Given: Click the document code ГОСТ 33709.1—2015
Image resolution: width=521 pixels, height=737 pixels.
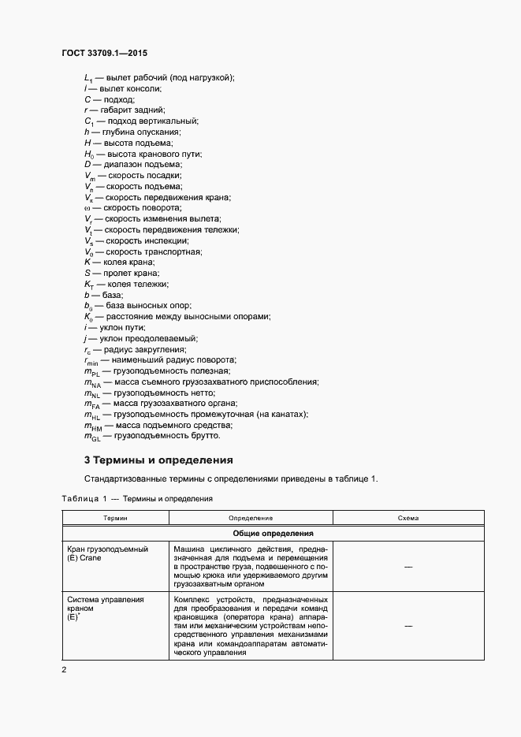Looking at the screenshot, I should (x=104, y=54).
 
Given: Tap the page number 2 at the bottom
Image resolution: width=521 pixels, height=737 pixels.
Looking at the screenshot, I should (x=64, y=670).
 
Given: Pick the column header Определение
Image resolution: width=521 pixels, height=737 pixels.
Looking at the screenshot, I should (x=251, y=518).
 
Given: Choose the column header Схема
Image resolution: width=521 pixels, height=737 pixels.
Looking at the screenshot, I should (x=408, y=518).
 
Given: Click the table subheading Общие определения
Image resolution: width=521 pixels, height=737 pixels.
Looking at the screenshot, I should (x=273, y=533).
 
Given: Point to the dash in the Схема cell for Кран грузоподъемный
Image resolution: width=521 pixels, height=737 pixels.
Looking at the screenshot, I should (x=408, y=567).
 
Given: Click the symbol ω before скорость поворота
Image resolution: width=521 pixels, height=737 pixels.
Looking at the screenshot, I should (x=87, y=207).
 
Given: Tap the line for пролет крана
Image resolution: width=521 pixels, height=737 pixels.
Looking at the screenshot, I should (x=117, y=273).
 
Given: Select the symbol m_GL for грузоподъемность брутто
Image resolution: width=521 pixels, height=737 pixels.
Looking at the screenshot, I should (x=92, y=436).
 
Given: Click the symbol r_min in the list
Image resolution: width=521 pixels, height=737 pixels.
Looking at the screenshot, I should (x=93, y=359).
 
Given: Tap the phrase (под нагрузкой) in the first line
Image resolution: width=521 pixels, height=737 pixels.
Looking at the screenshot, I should (x=202, y=77).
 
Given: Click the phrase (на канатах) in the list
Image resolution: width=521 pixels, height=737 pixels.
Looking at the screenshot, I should (x=281, y=414).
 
